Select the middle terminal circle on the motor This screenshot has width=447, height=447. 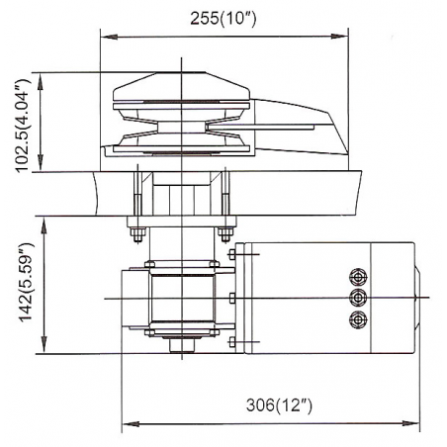pyautogui.click(x=356, y=297)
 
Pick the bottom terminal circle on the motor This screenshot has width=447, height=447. pyautogui.click(x=356, y=318)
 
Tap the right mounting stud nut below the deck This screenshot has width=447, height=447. pyautogui.click(x=228, y=233)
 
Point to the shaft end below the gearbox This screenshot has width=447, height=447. pyautogui.click(x=181, y=347)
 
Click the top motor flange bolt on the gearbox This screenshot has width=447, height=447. pyautogui.click(x=230, y=256)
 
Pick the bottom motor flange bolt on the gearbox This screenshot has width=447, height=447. pyautogui.click(x=230, y=342)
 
